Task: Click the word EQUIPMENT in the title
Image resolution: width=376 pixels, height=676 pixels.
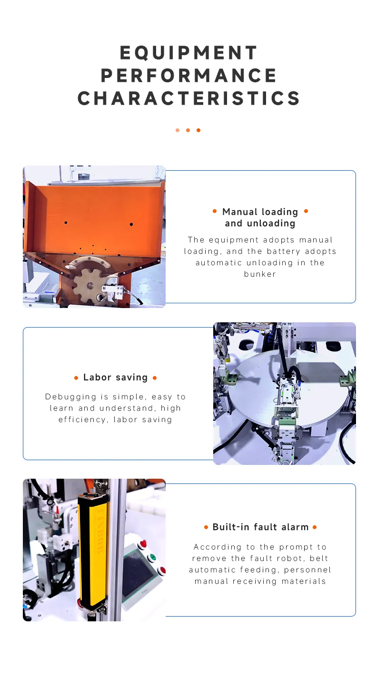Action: click(x=188, y=53)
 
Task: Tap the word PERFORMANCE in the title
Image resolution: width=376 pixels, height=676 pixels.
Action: click(x=188, y=76)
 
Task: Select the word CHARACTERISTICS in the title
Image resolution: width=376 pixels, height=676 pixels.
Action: click(x=188, y=98)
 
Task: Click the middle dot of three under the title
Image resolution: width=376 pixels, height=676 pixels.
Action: click(x=188, y=130)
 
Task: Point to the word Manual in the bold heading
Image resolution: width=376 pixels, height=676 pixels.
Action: click(x=240, y=212)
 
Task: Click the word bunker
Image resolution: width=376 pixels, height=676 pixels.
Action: click(x=260, y=274)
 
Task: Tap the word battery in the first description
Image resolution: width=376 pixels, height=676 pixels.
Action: click(x=283, y=251)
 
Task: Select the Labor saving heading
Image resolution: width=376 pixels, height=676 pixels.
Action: click(x=116, y=377)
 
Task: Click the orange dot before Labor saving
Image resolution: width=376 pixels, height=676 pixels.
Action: click(x=76, y=378)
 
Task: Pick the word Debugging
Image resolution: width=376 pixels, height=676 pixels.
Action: click(x=71, y=397)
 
